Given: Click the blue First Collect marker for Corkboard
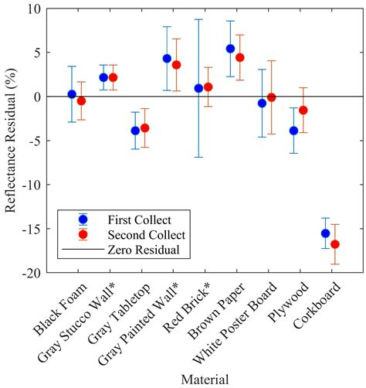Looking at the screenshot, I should [x=325, y=233].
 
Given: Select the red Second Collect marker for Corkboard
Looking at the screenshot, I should [x=334, y=244].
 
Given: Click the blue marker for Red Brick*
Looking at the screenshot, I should [x=198, y=88].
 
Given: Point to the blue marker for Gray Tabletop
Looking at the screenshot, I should [x=135, y=131].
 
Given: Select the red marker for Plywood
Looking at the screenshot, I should [x=303, y=111].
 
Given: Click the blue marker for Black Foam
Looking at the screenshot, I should [x=72, y=94].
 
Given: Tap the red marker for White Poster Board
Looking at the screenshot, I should [x=271, y=97].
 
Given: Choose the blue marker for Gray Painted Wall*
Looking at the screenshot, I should [x=167, y=59].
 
